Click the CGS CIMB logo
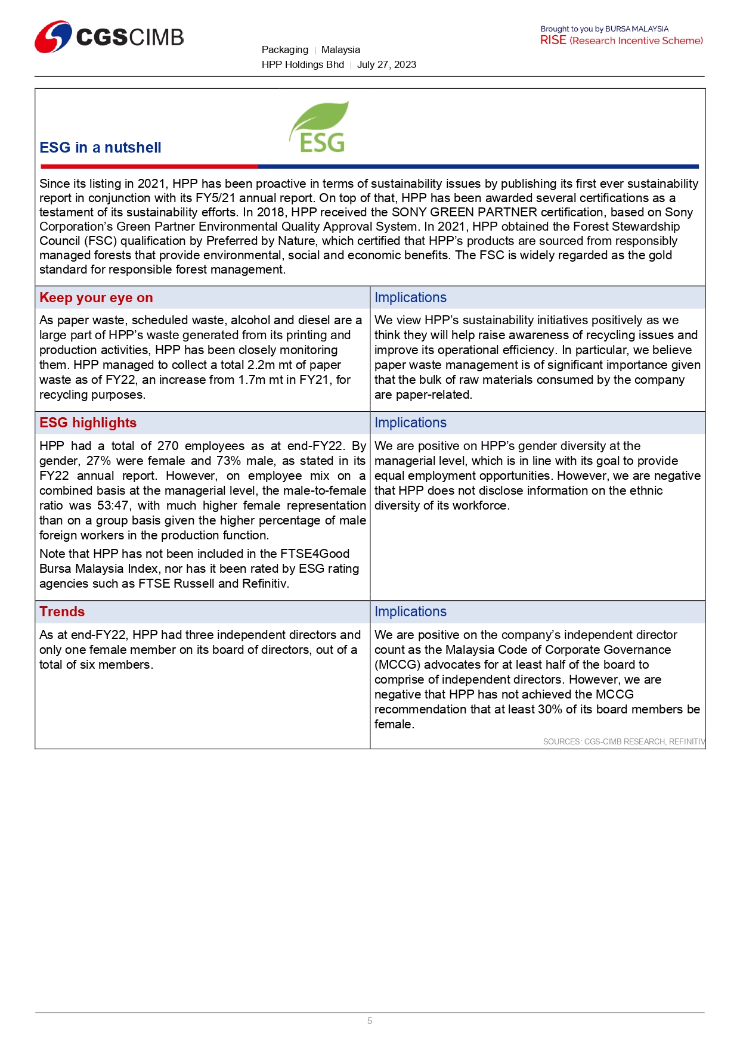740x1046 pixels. (109, 37)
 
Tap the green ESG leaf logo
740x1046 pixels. (320, 127)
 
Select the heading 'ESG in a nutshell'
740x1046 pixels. (100, 148)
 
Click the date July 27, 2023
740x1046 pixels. (386, 65)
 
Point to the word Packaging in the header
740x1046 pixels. (285, 50)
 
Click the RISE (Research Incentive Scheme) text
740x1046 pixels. (621, 41)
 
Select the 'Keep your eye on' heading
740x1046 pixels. (96, 297)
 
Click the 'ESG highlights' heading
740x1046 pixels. (88, 423)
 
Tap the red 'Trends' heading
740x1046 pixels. (62, 612)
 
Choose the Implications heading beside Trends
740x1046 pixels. (410, 612)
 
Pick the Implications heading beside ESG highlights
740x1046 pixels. (410, 423)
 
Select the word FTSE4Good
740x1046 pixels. (315, 554)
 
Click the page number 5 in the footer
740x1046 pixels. (370, 1021)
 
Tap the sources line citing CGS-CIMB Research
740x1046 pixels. (623, 741)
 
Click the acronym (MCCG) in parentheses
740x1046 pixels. (397, 665)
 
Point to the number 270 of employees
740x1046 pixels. (168, 446)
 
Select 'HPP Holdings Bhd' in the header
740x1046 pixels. (303, 65)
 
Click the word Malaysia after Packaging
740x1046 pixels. (340, 50)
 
